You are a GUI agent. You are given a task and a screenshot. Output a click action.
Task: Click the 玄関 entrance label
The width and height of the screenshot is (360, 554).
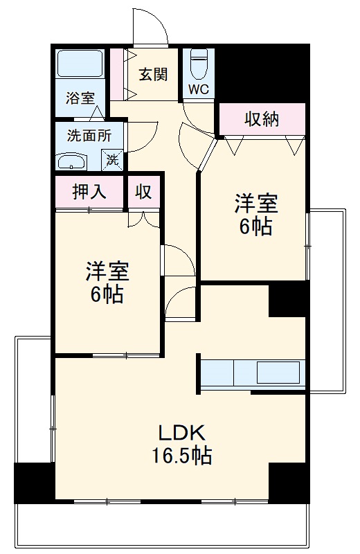pos(152,73)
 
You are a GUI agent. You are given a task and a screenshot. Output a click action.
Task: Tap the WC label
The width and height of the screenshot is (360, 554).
pos(199,90)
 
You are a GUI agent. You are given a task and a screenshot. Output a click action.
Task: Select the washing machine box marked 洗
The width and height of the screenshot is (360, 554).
pos(112,160)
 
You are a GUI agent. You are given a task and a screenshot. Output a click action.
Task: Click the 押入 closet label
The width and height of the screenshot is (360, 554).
pos(89,193)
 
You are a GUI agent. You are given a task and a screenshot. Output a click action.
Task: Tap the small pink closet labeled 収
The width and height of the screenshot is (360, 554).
pos(143,193)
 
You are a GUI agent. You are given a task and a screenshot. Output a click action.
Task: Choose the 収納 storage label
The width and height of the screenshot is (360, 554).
pos(261,119)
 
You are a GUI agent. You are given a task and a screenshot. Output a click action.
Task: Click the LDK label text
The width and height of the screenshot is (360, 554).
pos(181,434)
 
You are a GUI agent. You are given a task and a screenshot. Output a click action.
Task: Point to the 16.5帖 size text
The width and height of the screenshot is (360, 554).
pos(182,456)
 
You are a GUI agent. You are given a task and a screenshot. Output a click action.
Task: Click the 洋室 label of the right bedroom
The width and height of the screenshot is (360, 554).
pos(255,204)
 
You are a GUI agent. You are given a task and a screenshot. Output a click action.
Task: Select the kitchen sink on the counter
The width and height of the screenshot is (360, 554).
pos(279,373)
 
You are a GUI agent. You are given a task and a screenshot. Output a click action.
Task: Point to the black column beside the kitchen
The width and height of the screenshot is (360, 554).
pos(287,299)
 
